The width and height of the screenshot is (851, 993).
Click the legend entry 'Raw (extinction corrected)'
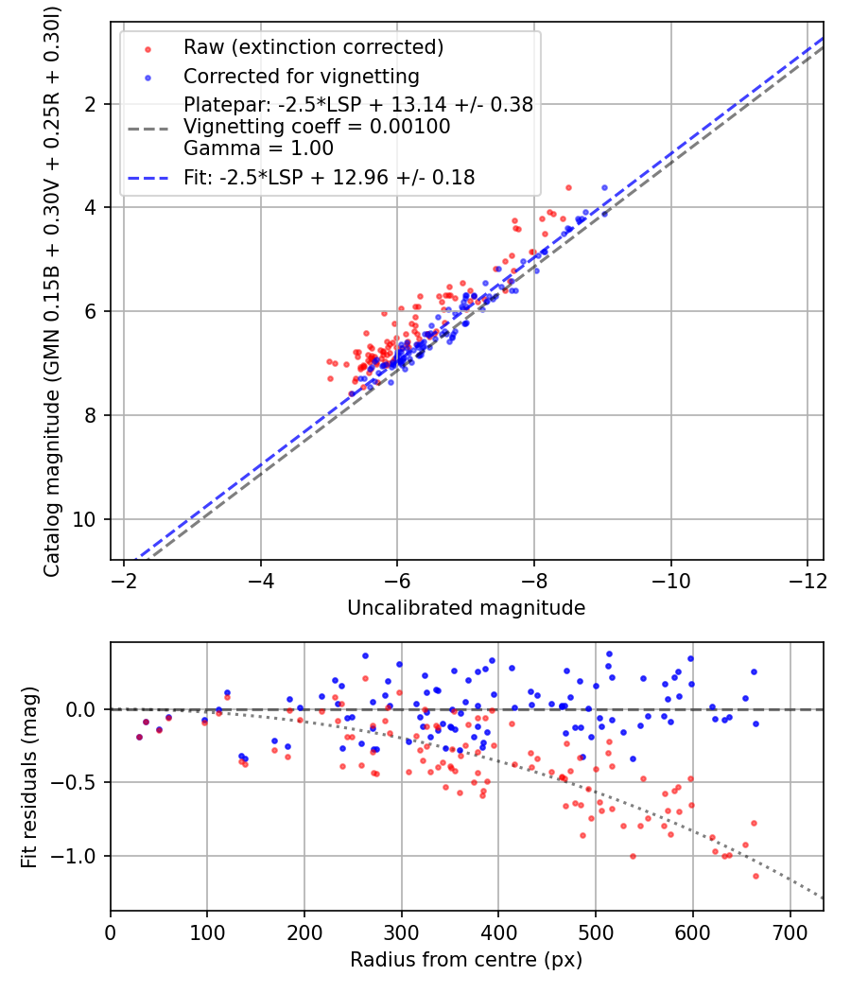[313, 47]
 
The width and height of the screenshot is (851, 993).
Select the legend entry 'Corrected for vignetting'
[301, 76]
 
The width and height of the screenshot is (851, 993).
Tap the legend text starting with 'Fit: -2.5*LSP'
[329, 177]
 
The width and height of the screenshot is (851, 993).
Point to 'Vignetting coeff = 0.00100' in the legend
[317, 127]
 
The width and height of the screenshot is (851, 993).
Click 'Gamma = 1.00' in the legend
[258, 148]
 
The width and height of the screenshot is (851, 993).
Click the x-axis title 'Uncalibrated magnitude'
[466, 607]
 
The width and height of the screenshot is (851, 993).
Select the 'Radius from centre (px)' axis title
[466, 960]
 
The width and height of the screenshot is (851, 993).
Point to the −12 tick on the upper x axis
[807, 578]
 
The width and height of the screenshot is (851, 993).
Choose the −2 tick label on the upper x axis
[124, 578]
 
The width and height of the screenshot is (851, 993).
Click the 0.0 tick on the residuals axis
[85, 709]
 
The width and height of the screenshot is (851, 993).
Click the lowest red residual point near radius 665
[755, 876]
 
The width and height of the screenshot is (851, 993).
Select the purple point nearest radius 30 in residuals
[139, 737]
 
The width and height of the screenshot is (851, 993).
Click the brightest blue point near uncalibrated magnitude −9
[604, 187]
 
